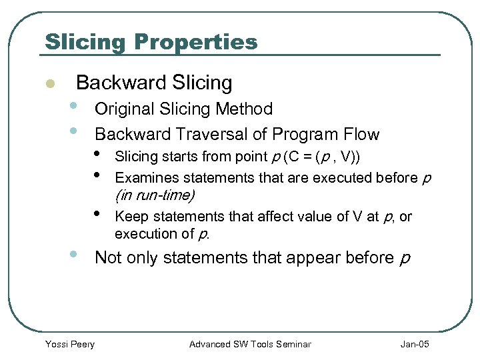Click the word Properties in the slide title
click(195, 42)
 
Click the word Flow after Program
click(360, 135)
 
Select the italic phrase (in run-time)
click(155, 195)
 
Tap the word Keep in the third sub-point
click(129, 217)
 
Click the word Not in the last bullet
click(108, 257)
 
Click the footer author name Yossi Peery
click(69, 344)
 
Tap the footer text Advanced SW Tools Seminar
click(250, 344)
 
